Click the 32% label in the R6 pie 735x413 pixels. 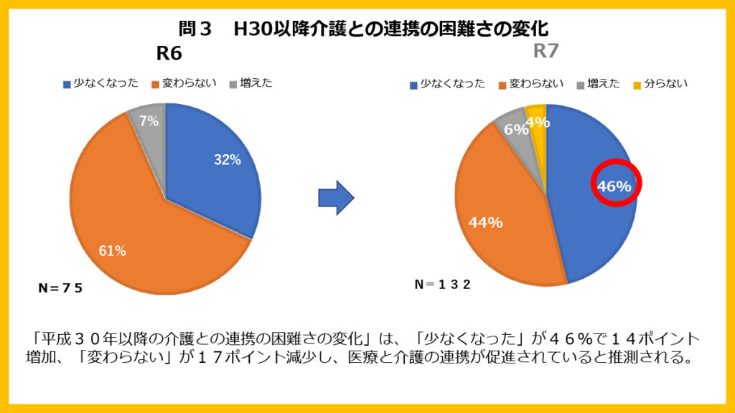pyautogui.click(x=227, y=161)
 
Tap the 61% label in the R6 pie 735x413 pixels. pyautogui.click(x=112, y=251)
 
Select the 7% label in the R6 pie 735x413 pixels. pyautogui.click(x=149, y=122)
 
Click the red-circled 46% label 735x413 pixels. pyautogui.click(x=615, y=186)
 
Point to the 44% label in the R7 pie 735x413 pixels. pyautogui.click(x=485, y=222)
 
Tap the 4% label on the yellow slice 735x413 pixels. pyautogui.click(x=538, y=123)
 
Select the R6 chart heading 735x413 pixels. pyautogui.click(x=169, y=54)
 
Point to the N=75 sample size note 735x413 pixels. pyautogui.click(x=60, y=288)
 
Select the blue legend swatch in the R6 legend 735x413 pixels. pyautogui.click(x=67, y=84)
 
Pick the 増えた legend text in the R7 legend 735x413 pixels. pyautogui.click(x=603, y=84)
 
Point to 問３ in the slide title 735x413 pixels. pyautogui.click(x=196, y=29)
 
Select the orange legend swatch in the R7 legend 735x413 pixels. pyautogui.click(x=502, y=85)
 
